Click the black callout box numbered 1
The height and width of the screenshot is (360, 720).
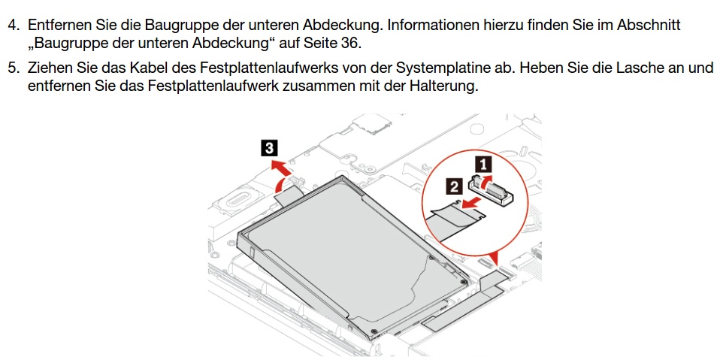[x=483, y=164]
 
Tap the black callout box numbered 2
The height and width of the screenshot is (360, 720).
[x=454, y=187]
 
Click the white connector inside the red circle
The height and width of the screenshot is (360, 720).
[x=490, y=189]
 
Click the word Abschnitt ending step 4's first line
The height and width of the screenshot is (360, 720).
[x=649, y=26]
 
